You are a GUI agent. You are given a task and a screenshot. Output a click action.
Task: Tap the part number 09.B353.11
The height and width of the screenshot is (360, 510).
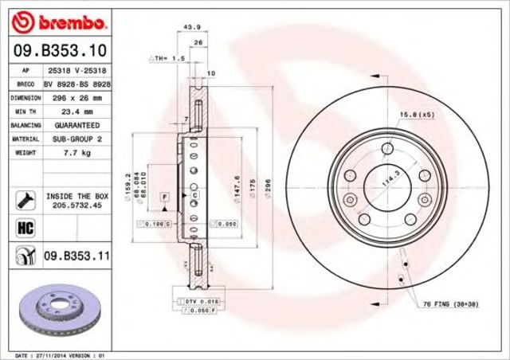[76, 256]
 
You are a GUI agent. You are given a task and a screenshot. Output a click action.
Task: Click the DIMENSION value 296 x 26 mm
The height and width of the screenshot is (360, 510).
[73, 96]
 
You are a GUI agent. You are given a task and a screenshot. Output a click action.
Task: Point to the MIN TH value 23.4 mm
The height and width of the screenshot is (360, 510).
[73, 111]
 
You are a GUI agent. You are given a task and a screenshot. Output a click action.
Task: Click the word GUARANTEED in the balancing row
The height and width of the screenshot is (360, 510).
[73, 124]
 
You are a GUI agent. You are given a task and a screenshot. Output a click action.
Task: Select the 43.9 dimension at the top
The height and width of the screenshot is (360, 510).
[192, 27]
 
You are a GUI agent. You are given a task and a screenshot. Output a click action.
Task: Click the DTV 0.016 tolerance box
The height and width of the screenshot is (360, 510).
[201, 302]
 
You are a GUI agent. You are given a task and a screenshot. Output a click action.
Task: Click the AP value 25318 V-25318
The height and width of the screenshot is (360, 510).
[73, 70]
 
